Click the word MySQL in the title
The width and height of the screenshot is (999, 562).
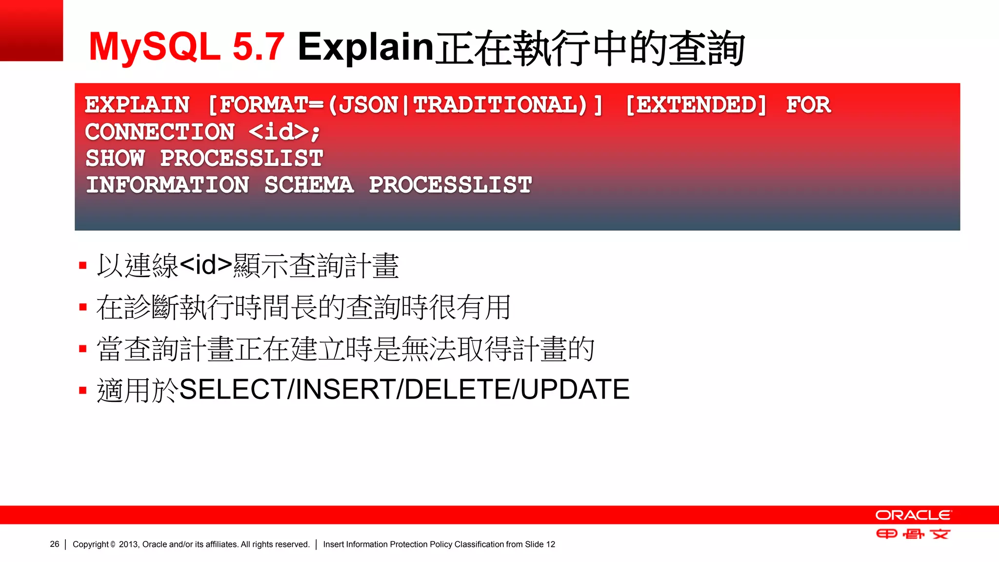155,47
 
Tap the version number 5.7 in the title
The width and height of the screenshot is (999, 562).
259,47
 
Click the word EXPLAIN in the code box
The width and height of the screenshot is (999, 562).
137,105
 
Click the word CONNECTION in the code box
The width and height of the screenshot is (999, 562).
160,132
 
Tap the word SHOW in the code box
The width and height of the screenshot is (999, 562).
115,158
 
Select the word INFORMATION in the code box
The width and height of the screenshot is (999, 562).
167,185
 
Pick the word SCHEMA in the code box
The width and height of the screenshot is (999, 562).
309,185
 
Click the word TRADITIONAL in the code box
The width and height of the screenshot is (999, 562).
500,105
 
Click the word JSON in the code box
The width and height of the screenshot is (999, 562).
369,105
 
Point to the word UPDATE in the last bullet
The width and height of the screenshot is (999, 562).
575,389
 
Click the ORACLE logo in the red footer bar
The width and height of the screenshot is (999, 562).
913,515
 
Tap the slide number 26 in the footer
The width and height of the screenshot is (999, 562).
55,544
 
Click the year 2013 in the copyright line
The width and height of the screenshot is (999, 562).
128,544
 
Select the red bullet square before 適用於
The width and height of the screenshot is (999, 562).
83,390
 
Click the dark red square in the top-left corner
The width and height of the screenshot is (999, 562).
31,30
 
